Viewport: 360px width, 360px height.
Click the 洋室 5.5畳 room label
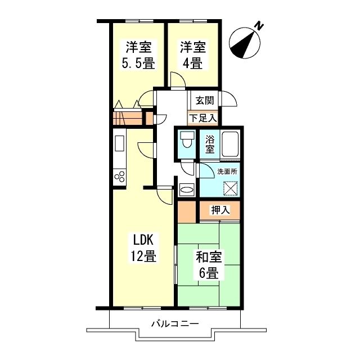coord(138,55)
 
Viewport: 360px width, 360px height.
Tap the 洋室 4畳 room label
coord(192,55)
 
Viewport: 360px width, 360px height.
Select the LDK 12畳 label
coord(143,247)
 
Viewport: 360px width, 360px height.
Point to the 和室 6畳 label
coord(209,264)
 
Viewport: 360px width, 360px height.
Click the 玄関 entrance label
coord(205,101)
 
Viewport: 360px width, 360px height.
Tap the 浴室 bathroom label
coord(210,145)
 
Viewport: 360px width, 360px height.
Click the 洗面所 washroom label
coord(227,172)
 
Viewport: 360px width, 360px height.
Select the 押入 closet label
coord(220,210)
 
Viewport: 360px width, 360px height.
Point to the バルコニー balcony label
coord(175,324)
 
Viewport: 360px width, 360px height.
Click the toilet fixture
coord(187,139)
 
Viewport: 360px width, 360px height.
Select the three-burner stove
coord(120,177)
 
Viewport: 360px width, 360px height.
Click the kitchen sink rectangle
coord(120,143)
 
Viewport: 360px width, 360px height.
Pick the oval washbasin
coord(186,190)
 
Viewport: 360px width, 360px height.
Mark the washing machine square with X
coord(230,188)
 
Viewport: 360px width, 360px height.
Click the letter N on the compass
coord(259,25)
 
